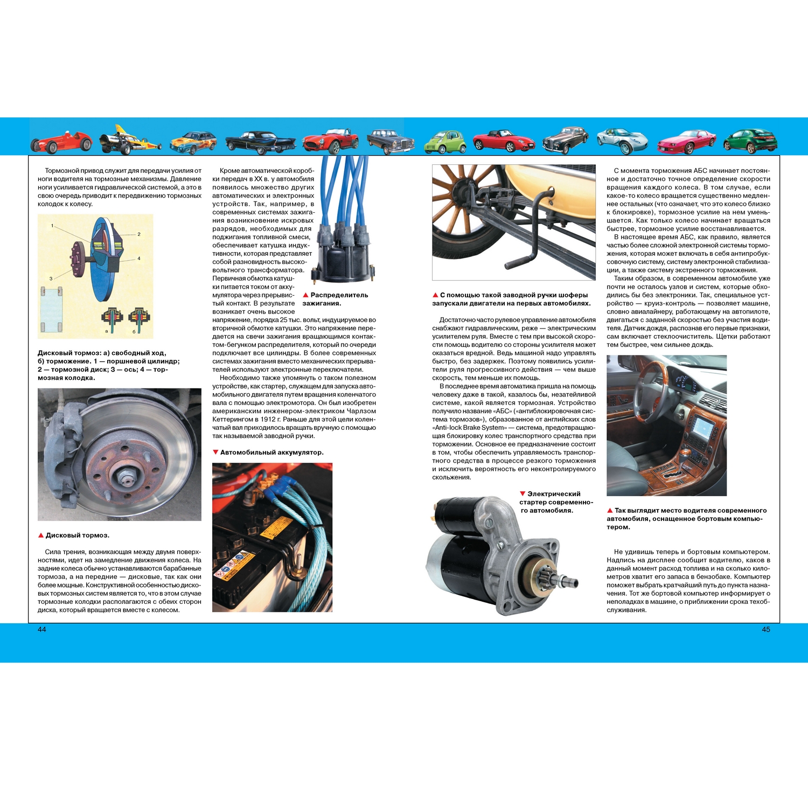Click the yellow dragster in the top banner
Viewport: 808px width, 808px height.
coord(130,139)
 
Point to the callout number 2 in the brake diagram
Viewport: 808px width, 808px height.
coord(139,234)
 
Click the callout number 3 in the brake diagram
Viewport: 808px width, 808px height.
coord(51,278)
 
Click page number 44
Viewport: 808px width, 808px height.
coord(42,629)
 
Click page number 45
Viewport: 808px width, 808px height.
coord(766,629)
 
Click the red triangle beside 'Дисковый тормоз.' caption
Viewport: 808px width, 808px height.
coord(41,535)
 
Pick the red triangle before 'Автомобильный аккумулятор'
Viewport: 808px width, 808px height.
coord(215,452)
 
